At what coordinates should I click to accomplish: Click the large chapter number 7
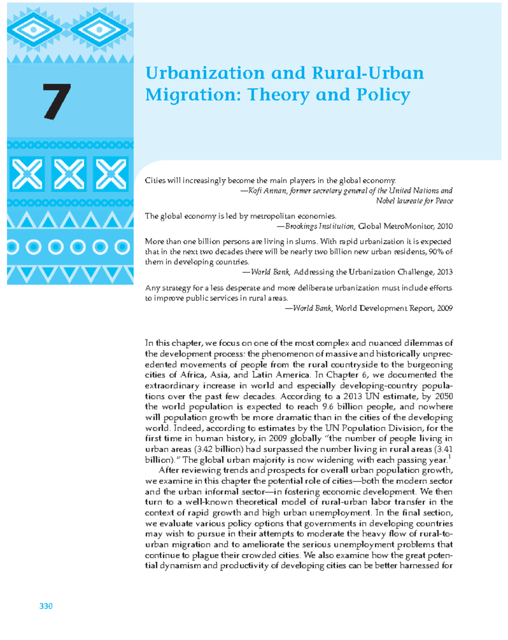[x=56, y=101]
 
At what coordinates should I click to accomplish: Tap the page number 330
[x=46, y=606]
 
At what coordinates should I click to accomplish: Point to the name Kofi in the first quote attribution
[x=255, y=191]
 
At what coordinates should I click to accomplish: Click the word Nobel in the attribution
[x=385, y=201]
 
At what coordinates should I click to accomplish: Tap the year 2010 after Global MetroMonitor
[x=445, y=226]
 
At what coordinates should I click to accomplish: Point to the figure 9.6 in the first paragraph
[x=328, y=407]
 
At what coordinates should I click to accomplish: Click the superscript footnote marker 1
[x=450, y=457]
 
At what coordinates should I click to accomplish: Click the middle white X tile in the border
[x=69, y=174]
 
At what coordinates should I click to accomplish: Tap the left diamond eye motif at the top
[x=33, y=29]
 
